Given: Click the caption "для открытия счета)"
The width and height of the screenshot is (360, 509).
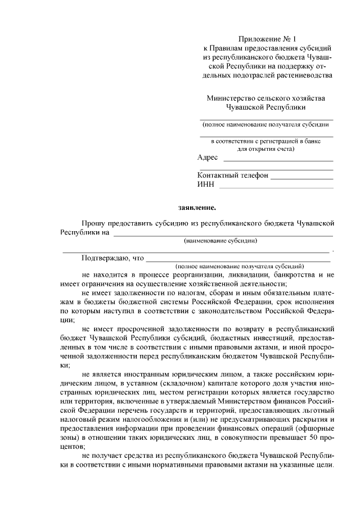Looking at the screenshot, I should (265, 149).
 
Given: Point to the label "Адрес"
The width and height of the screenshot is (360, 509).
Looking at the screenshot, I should (208, 157).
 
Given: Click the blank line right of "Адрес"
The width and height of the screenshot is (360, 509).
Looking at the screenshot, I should (278, 161).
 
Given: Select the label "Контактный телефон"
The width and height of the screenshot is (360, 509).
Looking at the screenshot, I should (233, 175).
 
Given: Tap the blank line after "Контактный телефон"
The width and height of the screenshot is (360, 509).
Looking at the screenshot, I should (301, 178).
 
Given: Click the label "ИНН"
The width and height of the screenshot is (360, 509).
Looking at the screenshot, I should (206, 184).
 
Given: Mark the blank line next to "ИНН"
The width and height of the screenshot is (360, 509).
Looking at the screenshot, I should (276, 187).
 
